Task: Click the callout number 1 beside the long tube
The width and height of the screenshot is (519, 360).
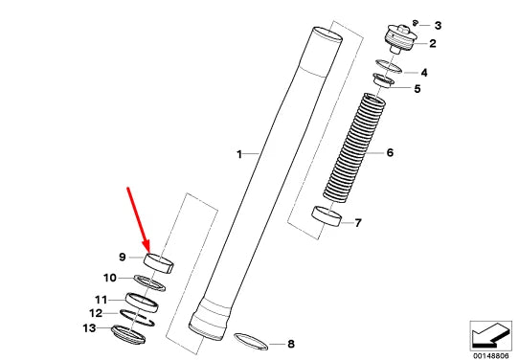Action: (239, 154)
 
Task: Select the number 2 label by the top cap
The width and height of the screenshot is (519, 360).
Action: (433, 43)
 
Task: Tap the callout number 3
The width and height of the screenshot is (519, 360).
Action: (438, 26)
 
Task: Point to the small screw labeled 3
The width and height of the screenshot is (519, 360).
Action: (415, 23)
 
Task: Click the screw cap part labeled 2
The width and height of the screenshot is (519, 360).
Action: (400, 39)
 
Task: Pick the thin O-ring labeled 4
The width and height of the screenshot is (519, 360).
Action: (389, 66)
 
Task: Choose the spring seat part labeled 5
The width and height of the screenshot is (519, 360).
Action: (383, 80)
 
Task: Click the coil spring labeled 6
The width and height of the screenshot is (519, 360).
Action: (354, 147)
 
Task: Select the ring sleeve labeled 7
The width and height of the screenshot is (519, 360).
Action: (327, 216)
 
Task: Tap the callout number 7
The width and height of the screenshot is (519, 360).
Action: (358, 223)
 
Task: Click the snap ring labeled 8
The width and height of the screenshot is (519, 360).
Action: (251, 342)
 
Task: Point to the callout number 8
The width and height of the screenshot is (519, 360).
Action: (290, 344)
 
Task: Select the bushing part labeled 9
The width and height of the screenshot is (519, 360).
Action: (159, 263)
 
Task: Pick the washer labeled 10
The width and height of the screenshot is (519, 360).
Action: (149, 282)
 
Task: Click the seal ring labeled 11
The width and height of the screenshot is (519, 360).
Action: (142, 303)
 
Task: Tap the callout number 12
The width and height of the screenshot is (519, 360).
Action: (96, 313)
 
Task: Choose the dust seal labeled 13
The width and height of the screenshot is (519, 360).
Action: (128, 334)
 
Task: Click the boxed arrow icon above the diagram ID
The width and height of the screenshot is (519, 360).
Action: (490, 335)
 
